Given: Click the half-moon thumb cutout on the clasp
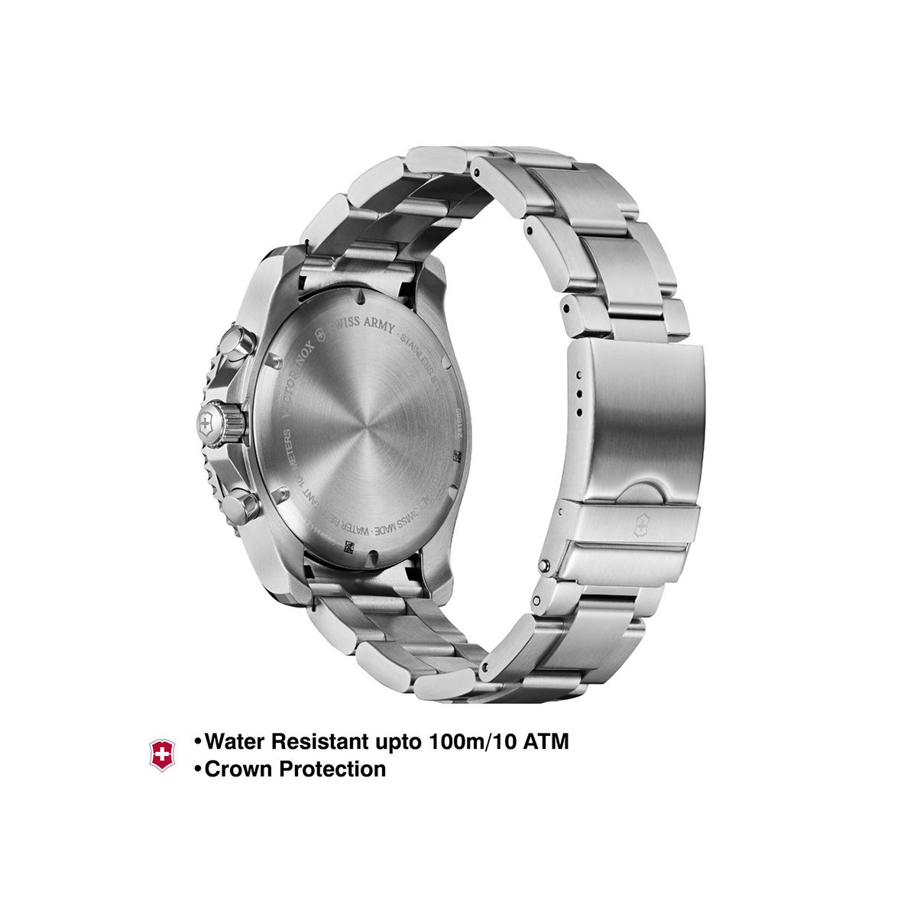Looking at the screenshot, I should coord(640,493).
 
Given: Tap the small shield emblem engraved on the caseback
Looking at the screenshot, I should coord(334,326).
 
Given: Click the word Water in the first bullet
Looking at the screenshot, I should coord(236,741).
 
